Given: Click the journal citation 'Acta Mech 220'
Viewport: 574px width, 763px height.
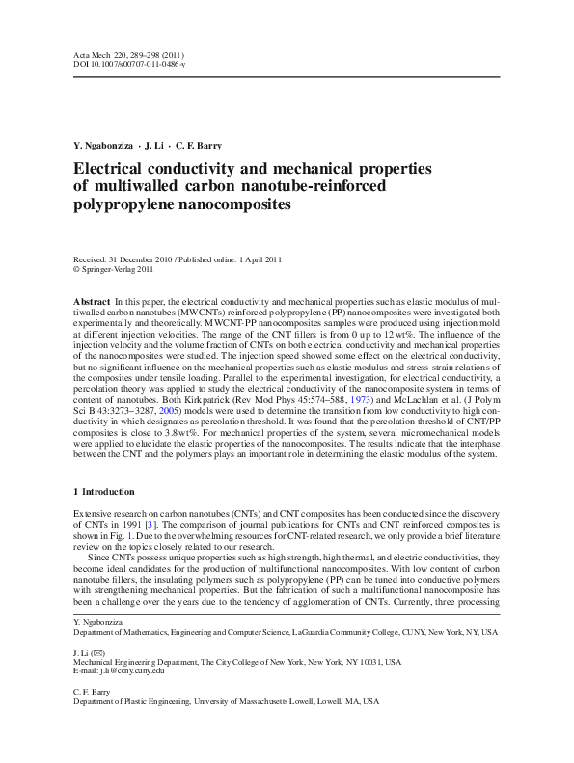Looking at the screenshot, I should pyautogui.click(x=100, y=54).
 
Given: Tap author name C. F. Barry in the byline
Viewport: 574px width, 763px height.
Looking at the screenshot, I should pyautogui.click(x=198, y=146).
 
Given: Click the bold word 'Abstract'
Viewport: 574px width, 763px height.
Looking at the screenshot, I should pyautogui.click(x=92, y=302).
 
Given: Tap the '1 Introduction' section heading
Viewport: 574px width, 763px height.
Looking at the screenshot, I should pyautogui.click(x=108, y=492).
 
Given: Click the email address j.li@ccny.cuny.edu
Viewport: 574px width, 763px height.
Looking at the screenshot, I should pyautogui.click(x=128, y=671).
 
